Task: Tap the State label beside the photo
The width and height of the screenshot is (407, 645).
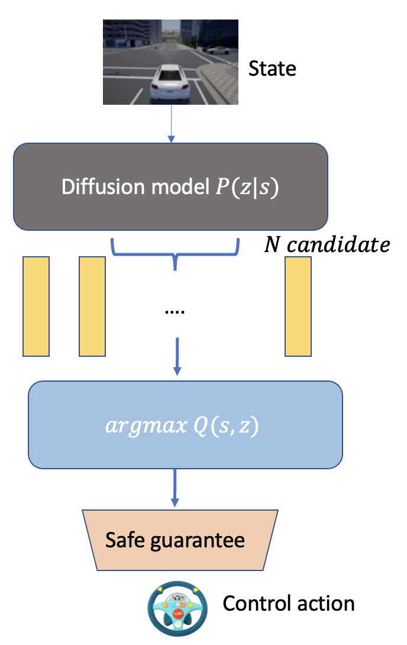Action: (x=272, y=69)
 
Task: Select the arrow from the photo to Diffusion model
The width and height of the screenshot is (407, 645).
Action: (x=171, y=124)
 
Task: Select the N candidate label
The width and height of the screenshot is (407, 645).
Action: (x=327, y=244)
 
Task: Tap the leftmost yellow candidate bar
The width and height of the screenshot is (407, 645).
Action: (x=36, y=307)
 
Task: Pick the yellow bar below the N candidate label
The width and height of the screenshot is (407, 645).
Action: (x=298, y=307)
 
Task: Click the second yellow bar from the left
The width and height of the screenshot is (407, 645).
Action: (x=92, y=307)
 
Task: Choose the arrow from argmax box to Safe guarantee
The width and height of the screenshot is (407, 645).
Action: (x=175, y=488)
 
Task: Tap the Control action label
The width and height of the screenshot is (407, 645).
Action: (x=289, y=604)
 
